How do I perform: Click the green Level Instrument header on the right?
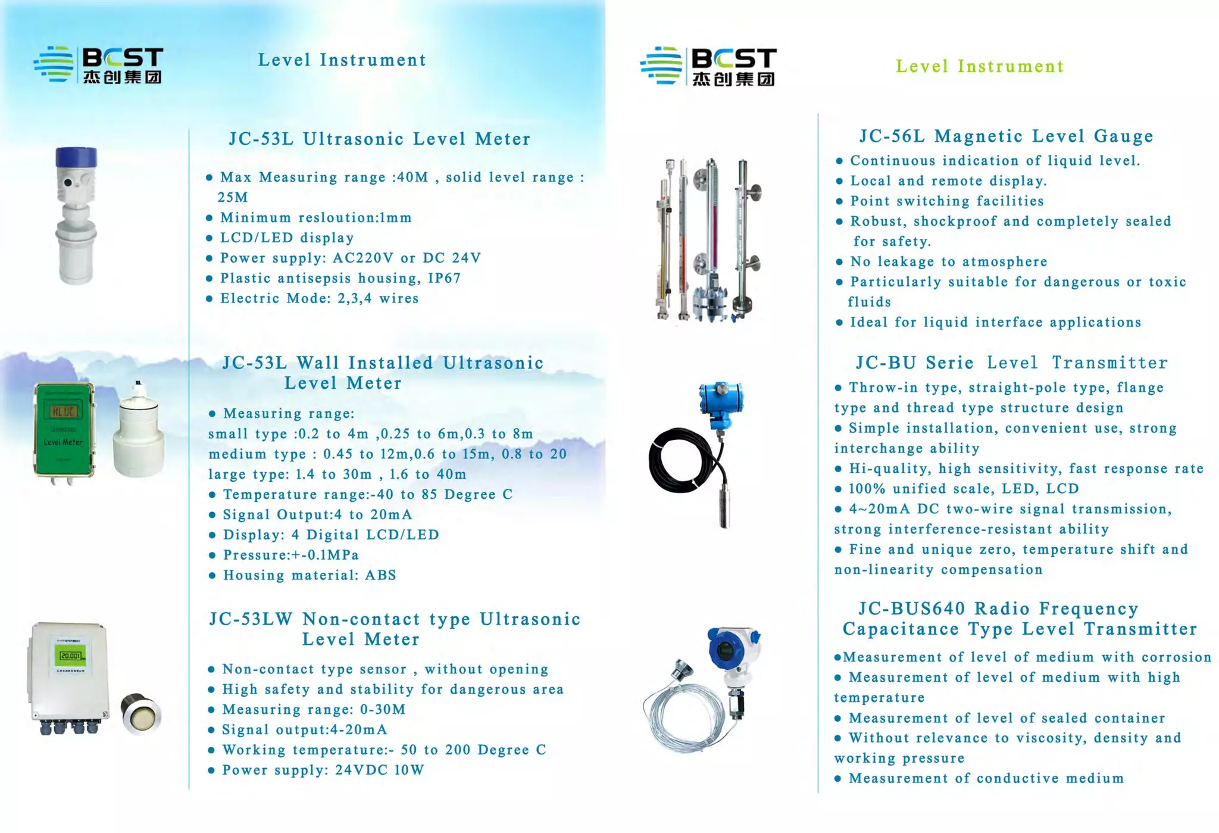pyautogui.click(x=980, y=66)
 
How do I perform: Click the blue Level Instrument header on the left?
pyautogui.click(x=342, y=60)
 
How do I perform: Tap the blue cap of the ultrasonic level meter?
pyautogui.click(x=76, y=157)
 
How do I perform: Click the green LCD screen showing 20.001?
pyautogui.click(x=70, y=656)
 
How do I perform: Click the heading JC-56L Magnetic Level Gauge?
pyautogui.click(x=1006, y=136)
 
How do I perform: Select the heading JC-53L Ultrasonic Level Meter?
pyautogui.click(x=380, y=139)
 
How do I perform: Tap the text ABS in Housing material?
pyautogui.click(x=380, y=575)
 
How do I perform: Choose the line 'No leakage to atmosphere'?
pyautogui.click(x=949, y=262)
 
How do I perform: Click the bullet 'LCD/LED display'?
pyautogui.click(x=287, y=238)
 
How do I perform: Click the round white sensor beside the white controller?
pyautogui.click(x=141, y=713)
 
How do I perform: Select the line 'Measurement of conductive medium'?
pyautogui.click(x=986, y=778)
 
